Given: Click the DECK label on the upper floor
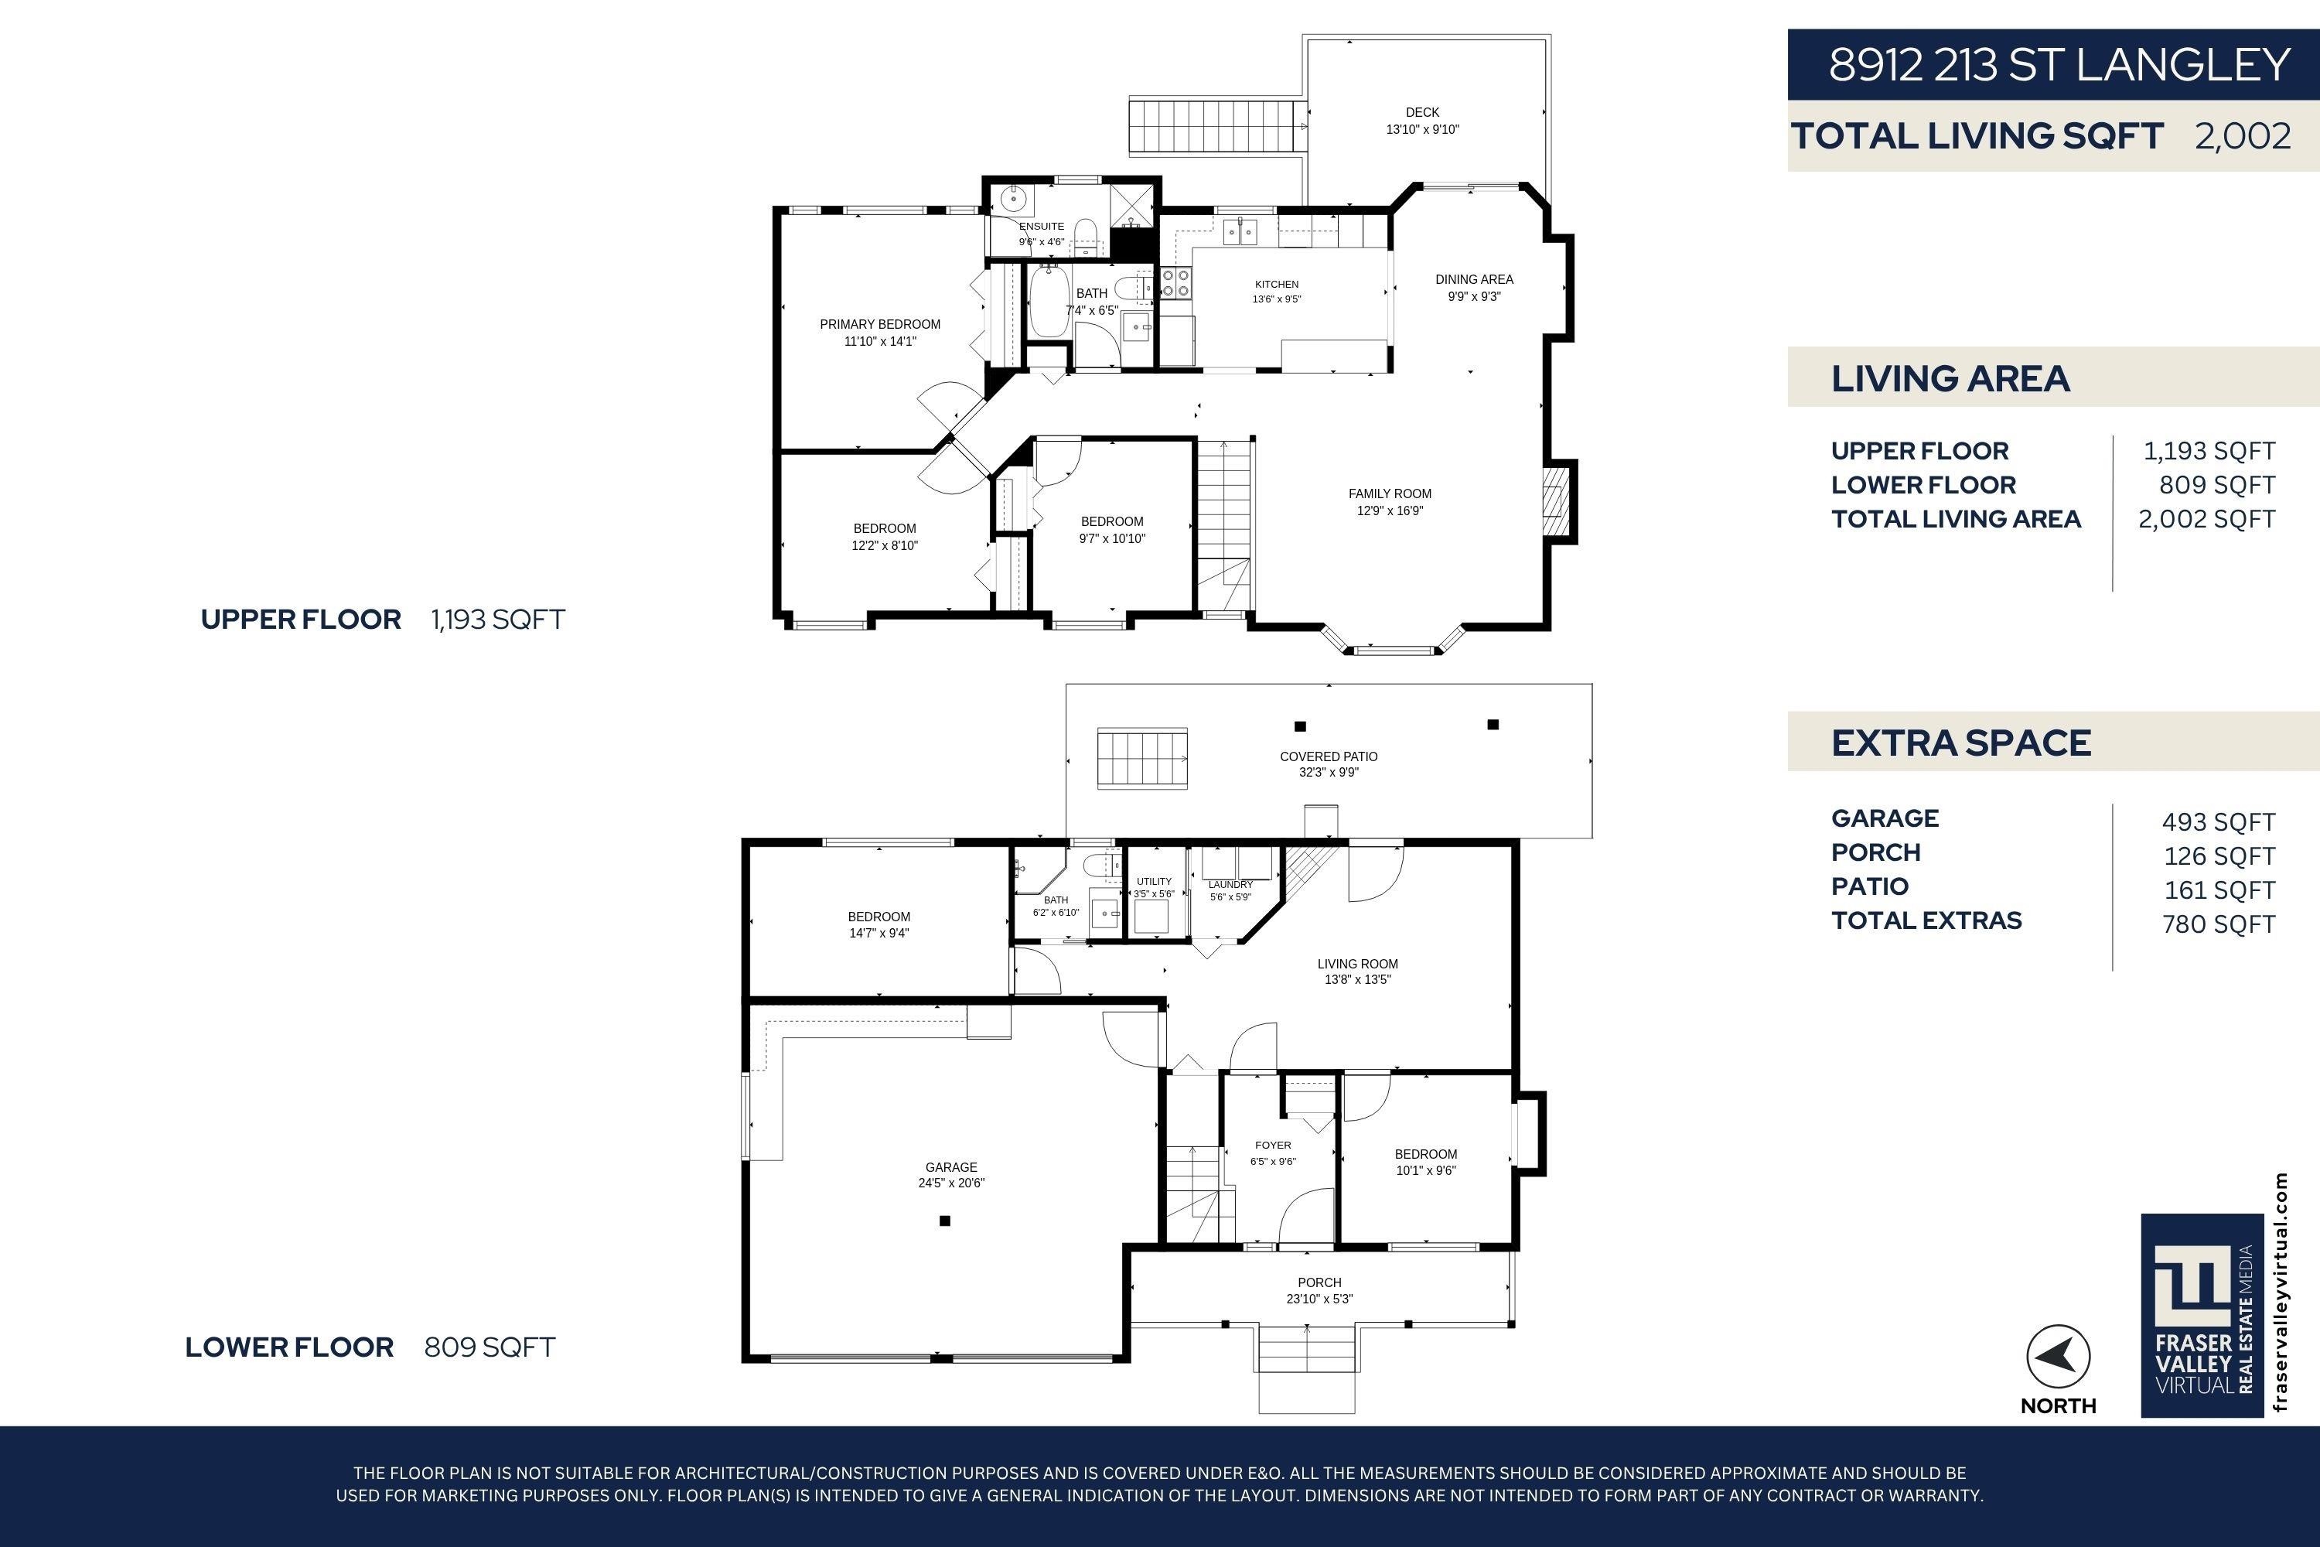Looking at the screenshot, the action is (x=1422, y=112).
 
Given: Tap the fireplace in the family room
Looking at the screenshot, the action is (x=1555, y=501).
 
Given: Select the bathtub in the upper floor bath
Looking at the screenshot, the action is (x=1049, y=301).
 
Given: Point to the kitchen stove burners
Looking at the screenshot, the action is (x=1175, y=283).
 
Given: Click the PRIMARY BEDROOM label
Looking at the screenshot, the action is (x=880, y=325).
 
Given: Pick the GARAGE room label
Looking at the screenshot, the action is (x=951, y=1167).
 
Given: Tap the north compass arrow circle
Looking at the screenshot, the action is (x=2058, y=1357).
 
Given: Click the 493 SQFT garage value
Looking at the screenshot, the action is (x=2219, y=821).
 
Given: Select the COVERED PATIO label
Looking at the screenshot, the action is (x=1329, y=756).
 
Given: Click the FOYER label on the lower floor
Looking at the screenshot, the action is (x=1272, y=1146).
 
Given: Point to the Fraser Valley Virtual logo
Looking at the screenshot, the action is (x=2201, y=1314).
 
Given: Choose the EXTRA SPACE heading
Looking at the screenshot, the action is (x=1961, y=743).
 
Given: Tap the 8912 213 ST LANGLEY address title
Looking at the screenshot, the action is (x=2059, y=65).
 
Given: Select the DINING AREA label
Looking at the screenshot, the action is (x=1474, y=279).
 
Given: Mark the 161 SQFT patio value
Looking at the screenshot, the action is (x=2219, y=890).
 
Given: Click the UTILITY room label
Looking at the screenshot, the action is (x=1154, y=882).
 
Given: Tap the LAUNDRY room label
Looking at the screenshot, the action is (x=1230, y=885).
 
